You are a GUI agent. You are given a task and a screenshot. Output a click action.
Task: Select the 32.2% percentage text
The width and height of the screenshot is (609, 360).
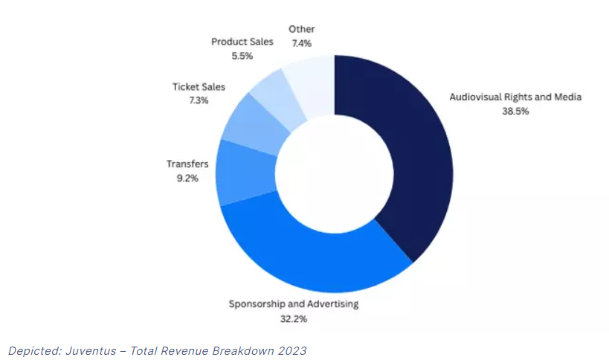[x=293, y=318]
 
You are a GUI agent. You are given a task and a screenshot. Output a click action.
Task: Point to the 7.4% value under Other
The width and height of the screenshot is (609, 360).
[x=302, y=43]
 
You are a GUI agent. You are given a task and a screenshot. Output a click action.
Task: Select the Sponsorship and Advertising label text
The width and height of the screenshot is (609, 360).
[x=293, y=303]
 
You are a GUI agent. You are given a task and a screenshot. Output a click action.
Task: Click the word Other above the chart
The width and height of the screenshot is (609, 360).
[x=302, y=29]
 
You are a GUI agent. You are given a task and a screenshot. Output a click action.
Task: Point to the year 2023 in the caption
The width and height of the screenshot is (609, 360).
[x=292, y=350]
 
